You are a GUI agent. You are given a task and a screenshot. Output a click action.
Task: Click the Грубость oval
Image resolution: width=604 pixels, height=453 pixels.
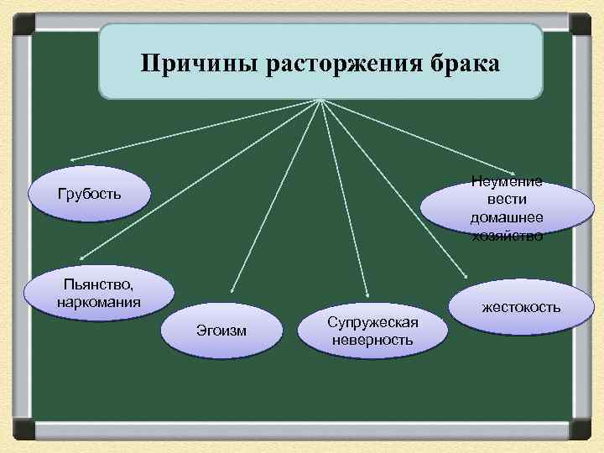90,195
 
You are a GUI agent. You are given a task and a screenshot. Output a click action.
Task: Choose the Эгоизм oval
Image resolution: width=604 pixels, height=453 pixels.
221,330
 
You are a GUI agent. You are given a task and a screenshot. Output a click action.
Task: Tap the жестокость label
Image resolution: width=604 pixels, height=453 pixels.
521,307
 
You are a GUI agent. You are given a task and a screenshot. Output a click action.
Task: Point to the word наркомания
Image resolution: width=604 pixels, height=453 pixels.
99,300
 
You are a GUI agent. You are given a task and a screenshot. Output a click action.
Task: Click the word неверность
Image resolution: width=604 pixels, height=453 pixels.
372,340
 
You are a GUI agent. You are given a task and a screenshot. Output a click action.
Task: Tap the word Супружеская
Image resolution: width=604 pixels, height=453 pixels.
372,323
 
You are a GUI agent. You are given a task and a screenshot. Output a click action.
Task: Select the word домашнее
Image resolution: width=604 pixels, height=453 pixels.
506,217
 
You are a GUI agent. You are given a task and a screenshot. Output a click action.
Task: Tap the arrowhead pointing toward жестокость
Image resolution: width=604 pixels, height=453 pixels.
466,273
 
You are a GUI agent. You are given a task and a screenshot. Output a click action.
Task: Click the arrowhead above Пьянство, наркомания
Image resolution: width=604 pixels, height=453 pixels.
80,258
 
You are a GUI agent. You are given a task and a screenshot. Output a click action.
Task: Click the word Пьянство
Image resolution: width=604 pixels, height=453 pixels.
97,284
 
